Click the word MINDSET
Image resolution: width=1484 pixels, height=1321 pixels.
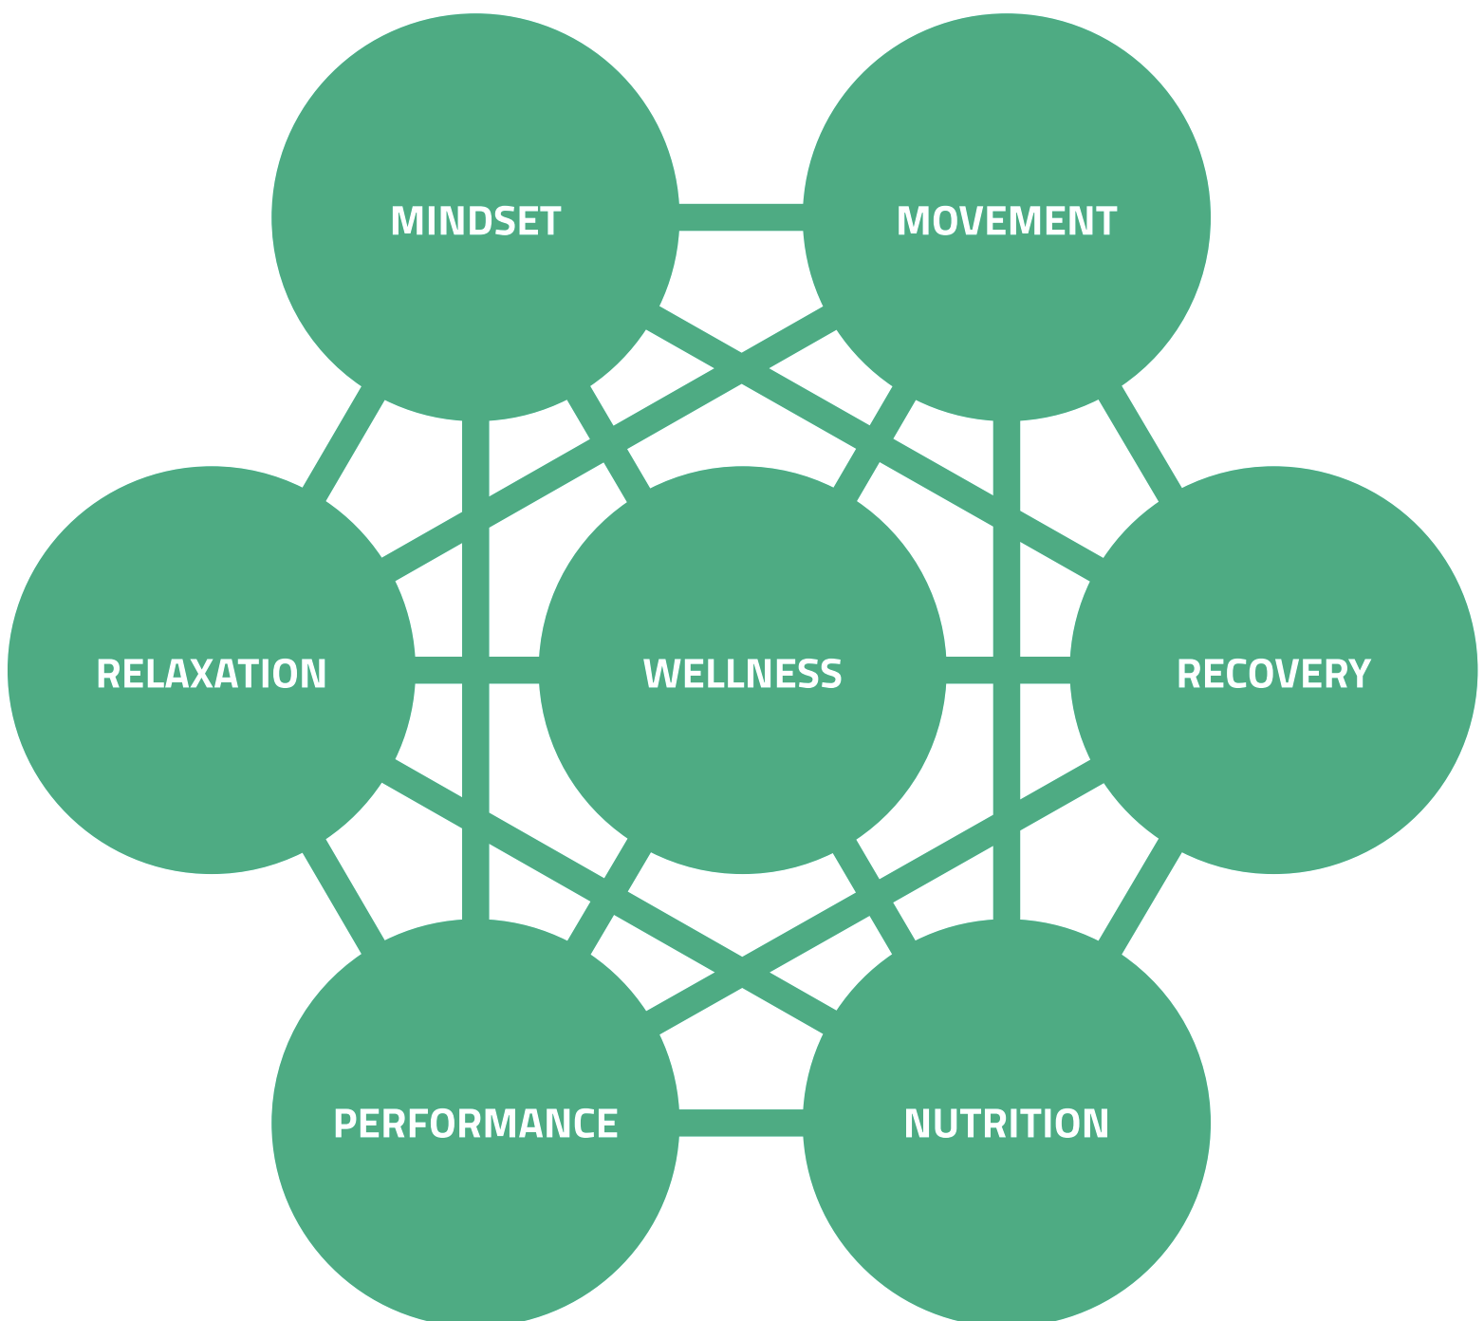475,220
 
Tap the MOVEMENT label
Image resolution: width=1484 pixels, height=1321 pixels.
1007,220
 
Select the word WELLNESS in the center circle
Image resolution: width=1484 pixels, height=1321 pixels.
742,673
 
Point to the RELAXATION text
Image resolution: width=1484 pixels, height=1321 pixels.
212,673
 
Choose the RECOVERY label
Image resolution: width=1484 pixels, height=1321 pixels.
1273,673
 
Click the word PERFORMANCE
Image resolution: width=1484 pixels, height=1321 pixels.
475,1123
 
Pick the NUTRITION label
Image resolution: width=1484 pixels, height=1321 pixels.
1007,1123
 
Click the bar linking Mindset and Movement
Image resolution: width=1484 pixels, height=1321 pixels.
741,217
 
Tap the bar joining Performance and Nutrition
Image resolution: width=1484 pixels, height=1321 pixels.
741,1123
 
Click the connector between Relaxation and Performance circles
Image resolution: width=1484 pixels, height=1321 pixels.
343,897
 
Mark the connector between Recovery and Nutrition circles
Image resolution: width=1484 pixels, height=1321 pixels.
1140,897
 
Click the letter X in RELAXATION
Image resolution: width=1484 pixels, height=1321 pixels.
200,673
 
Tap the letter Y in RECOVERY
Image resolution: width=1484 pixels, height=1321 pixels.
1361,673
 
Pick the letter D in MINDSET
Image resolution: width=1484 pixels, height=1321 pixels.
481,220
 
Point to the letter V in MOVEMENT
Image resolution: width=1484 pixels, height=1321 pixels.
970,220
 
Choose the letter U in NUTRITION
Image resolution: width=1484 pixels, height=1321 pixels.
944,1123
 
